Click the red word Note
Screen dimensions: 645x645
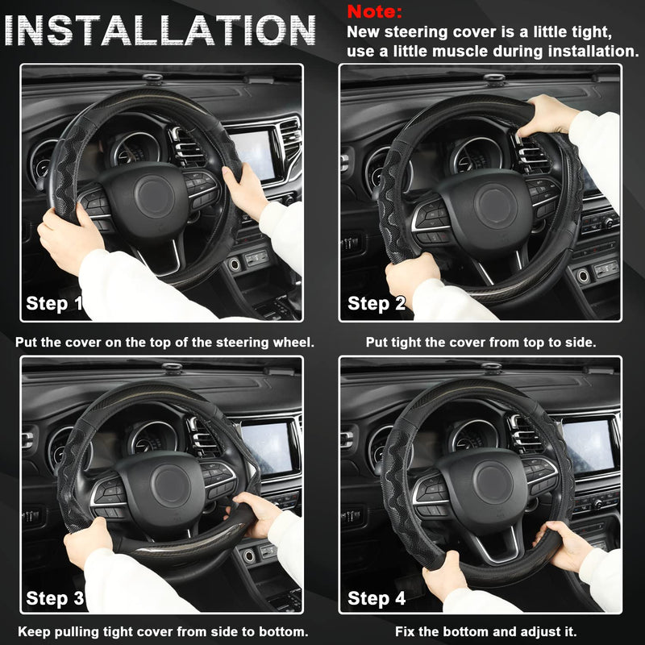click(374, 12)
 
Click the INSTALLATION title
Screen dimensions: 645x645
click(160, 31)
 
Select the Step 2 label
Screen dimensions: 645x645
click(377, 304)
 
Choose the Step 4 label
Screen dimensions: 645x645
click(377, 598)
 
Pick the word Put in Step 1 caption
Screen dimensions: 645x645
click(27, 342)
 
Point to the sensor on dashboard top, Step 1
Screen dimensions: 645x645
click(153, 79)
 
